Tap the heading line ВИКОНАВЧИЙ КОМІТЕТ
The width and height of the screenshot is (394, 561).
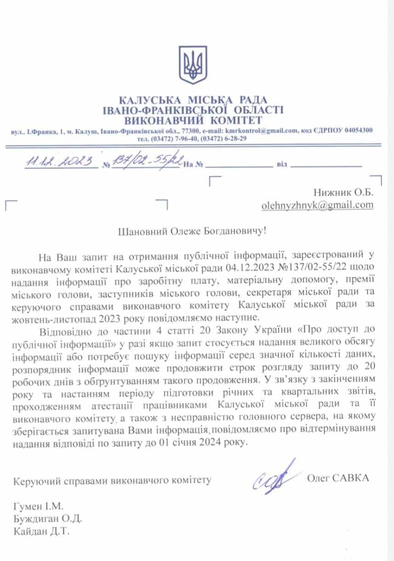coord(193,120)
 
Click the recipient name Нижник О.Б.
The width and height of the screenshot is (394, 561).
coord(343,192)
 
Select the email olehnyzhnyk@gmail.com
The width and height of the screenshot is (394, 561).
coord(317,205)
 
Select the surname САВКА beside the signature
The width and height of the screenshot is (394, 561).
coord(352,478)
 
